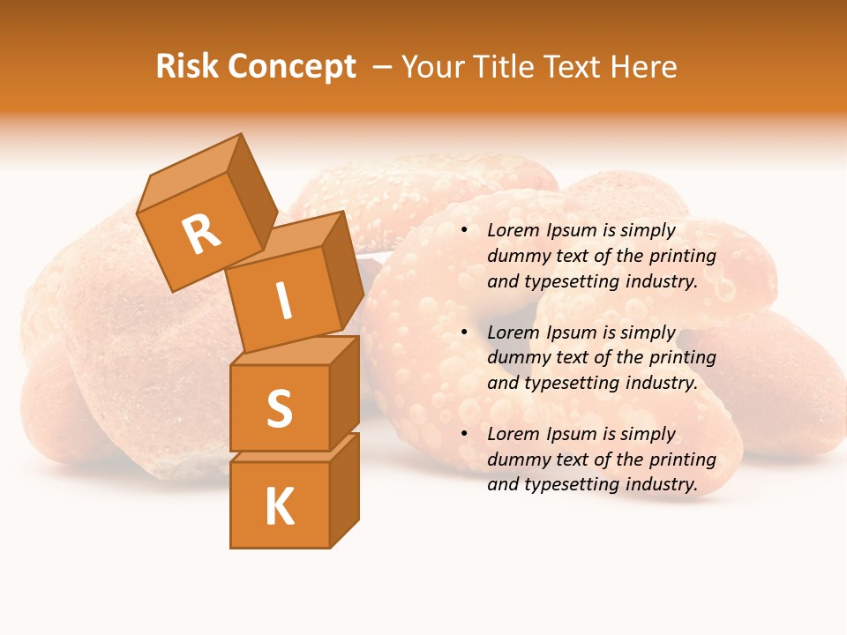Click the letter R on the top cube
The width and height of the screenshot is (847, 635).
[x=201, y=235]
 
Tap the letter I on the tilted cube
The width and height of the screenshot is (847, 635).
[x=284, y=302]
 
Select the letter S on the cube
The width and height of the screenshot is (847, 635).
[x=279, y=408]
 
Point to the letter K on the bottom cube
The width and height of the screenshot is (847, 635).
[x=279, y=507]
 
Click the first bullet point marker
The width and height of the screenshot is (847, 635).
[x=465, y=230]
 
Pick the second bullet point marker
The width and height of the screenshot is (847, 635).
[x=465, y=332]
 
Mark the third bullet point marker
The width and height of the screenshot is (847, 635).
[x=465, y=434]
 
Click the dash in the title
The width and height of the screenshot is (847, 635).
[x=383, y=67]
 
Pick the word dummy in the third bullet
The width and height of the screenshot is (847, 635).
[x=516, y=459]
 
